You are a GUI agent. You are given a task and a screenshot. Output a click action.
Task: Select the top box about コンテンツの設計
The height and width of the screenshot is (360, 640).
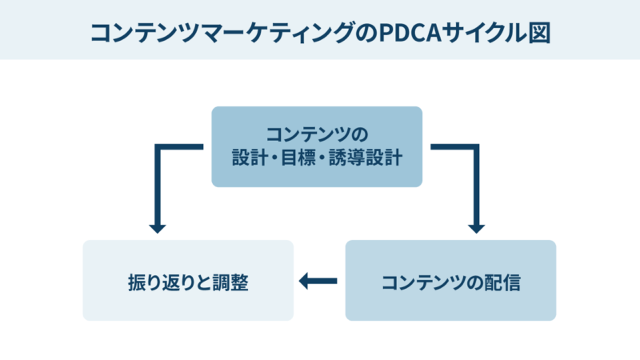tap(317, 146)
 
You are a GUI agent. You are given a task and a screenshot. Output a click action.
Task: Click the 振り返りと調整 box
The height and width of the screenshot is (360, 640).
tap(188, 281)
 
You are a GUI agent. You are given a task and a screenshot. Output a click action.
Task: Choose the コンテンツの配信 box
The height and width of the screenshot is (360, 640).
tap(450, 281)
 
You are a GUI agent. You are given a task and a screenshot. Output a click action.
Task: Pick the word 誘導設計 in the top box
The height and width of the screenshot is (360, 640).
tap(365, 158)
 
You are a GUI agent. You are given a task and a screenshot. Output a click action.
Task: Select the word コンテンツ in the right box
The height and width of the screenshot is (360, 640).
tap(424, 282)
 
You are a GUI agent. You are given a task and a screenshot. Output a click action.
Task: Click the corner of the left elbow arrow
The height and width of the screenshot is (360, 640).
tap(158, 147)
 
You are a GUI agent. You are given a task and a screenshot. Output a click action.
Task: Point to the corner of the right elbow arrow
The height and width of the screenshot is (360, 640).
tap(477, 147)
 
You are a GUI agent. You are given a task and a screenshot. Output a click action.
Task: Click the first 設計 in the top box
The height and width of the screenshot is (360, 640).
tap(245, 158)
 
